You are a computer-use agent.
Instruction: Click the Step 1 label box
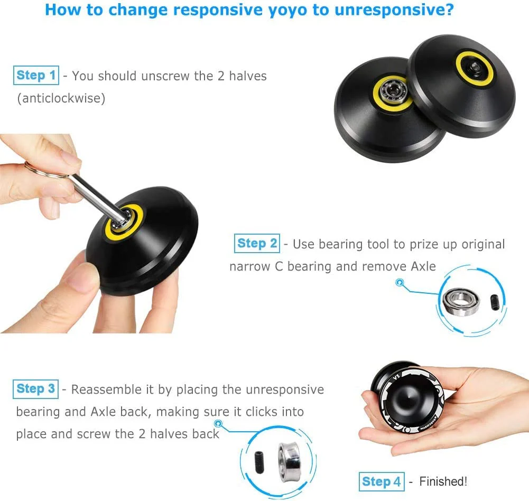tap(36, 76)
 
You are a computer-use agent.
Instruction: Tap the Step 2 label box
tap(257, 244)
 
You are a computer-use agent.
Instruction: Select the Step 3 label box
tap(36, 389)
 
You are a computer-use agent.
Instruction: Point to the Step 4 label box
tap(382, 482)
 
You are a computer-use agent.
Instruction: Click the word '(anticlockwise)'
tap(61, 98)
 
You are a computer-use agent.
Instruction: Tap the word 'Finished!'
tap(443, 481)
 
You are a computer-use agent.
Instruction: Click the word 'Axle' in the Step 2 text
tap(423, 266)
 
